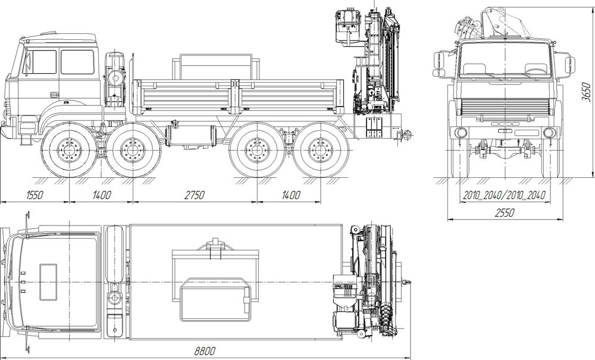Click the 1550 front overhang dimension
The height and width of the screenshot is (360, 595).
tap(35, 195)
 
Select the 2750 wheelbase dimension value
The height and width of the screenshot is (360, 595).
tap(195, 195)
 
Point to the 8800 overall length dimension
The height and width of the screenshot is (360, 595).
tap(205, 350)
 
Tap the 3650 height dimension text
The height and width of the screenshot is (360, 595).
tap(586, 92)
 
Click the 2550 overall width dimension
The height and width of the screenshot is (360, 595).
tap(505, 212)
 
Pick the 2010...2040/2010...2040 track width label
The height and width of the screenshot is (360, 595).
tap(505, 195)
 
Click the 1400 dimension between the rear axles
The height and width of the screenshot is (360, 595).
tap(291, 195)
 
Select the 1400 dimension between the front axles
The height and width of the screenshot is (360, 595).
tap(102, 195)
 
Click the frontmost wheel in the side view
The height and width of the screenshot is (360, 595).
tap(69, 150)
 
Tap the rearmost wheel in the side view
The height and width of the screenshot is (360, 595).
tap(321, 150)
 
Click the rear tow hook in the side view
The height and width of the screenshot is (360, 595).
tap(407, 134)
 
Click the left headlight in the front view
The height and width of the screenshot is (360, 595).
tap(461, 132)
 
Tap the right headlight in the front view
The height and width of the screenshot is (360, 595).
tap(549, 132)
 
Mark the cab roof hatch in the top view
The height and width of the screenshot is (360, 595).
tap(48, 282)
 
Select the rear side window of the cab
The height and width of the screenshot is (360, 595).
tap(77, 62)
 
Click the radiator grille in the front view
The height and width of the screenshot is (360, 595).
tap(505, 107)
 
